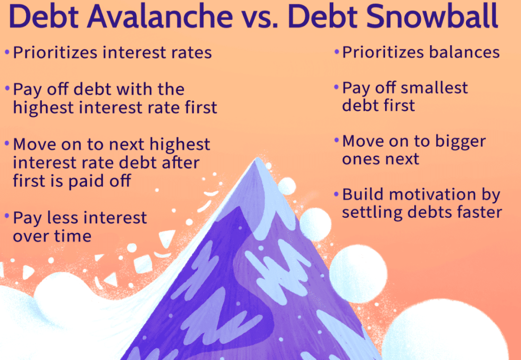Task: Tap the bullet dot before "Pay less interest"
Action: pyautogui.click(x=7, y=217)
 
